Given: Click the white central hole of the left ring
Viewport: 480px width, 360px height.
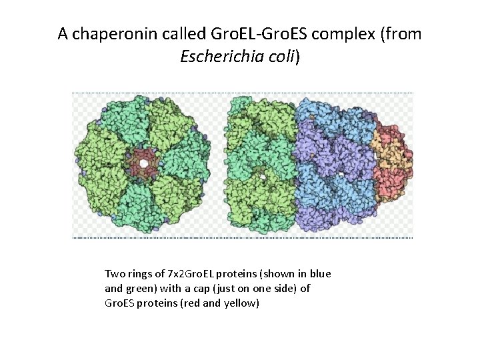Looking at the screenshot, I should tap(144, 163).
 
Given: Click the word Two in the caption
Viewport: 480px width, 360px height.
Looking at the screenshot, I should tap(114, 274).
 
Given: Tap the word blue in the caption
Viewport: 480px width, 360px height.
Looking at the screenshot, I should tap(320, 274).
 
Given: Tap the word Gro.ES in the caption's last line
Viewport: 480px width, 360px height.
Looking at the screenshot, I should tap(121, 303).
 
